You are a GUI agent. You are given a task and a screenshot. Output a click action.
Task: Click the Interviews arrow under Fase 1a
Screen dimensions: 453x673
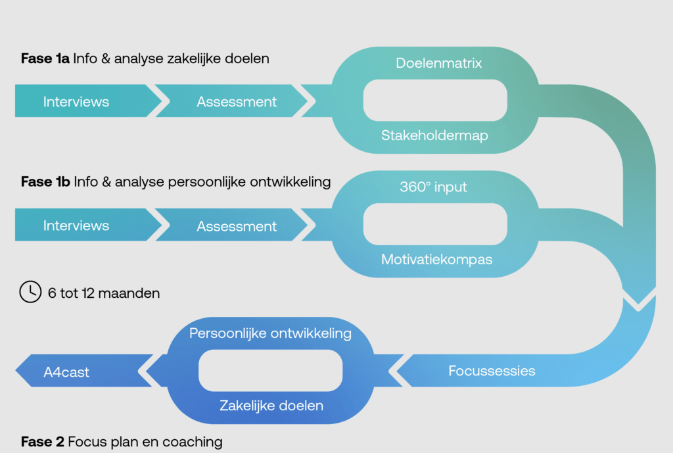(76, 102)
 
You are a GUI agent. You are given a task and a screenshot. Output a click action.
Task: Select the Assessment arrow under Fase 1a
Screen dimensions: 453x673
(237, 102)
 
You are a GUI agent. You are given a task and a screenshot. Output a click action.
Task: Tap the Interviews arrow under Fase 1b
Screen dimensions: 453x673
(76, 226)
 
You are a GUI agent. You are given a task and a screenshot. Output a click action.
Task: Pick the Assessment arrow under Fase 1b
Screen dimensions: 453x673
(237, 226)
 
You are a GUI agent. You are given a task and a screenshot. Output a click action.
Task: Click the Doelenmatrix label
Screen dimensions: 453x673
(439, 63)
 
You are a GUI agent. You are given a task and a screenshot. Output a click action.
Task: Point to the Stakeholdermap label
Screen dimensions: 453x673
(434, 135)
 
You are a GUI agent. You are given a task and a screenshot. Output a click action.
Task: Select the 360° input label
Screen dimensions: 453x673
(434, 187)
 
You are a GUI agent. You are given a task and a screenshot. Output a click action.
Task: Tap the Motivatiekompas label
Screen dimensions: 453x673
(436, 259)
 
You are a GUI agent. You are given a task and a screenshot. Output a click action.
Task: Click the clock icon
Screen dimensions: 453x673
(30, 292)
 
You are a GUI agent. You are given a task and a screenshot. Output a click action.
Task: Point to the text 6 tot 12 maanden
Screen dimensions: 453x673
(104, 293)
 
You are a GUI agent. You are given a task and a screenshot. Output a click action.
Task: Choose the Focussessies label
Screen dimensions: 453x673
(492, 371)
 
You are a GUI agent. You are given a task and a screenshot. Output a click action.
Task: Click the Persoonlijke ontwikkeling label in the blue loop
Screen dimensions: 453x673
(270, 333)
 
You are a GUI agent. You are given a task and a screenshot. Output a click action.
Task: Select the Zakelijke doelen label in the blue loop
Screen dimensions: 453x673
(271, 406)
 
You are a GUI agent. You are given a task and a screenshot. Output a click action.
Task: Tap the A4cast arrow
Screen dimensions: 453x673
(66, 372)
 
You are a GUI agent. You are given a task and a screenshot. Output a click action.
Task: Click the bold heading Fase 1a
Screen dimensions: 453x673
(45, 59)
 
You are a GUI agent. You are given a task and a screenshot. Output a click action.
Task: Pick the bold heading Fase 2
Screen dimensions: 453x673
(42, 441)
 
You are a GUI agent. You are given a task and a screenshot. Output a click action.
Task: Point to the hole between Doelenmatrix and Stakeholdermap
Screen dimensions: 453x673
(435, 99)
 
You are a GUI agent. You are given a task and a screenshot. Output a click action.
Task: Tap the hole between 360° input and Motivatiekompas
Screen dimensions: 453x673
(435, 224)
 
